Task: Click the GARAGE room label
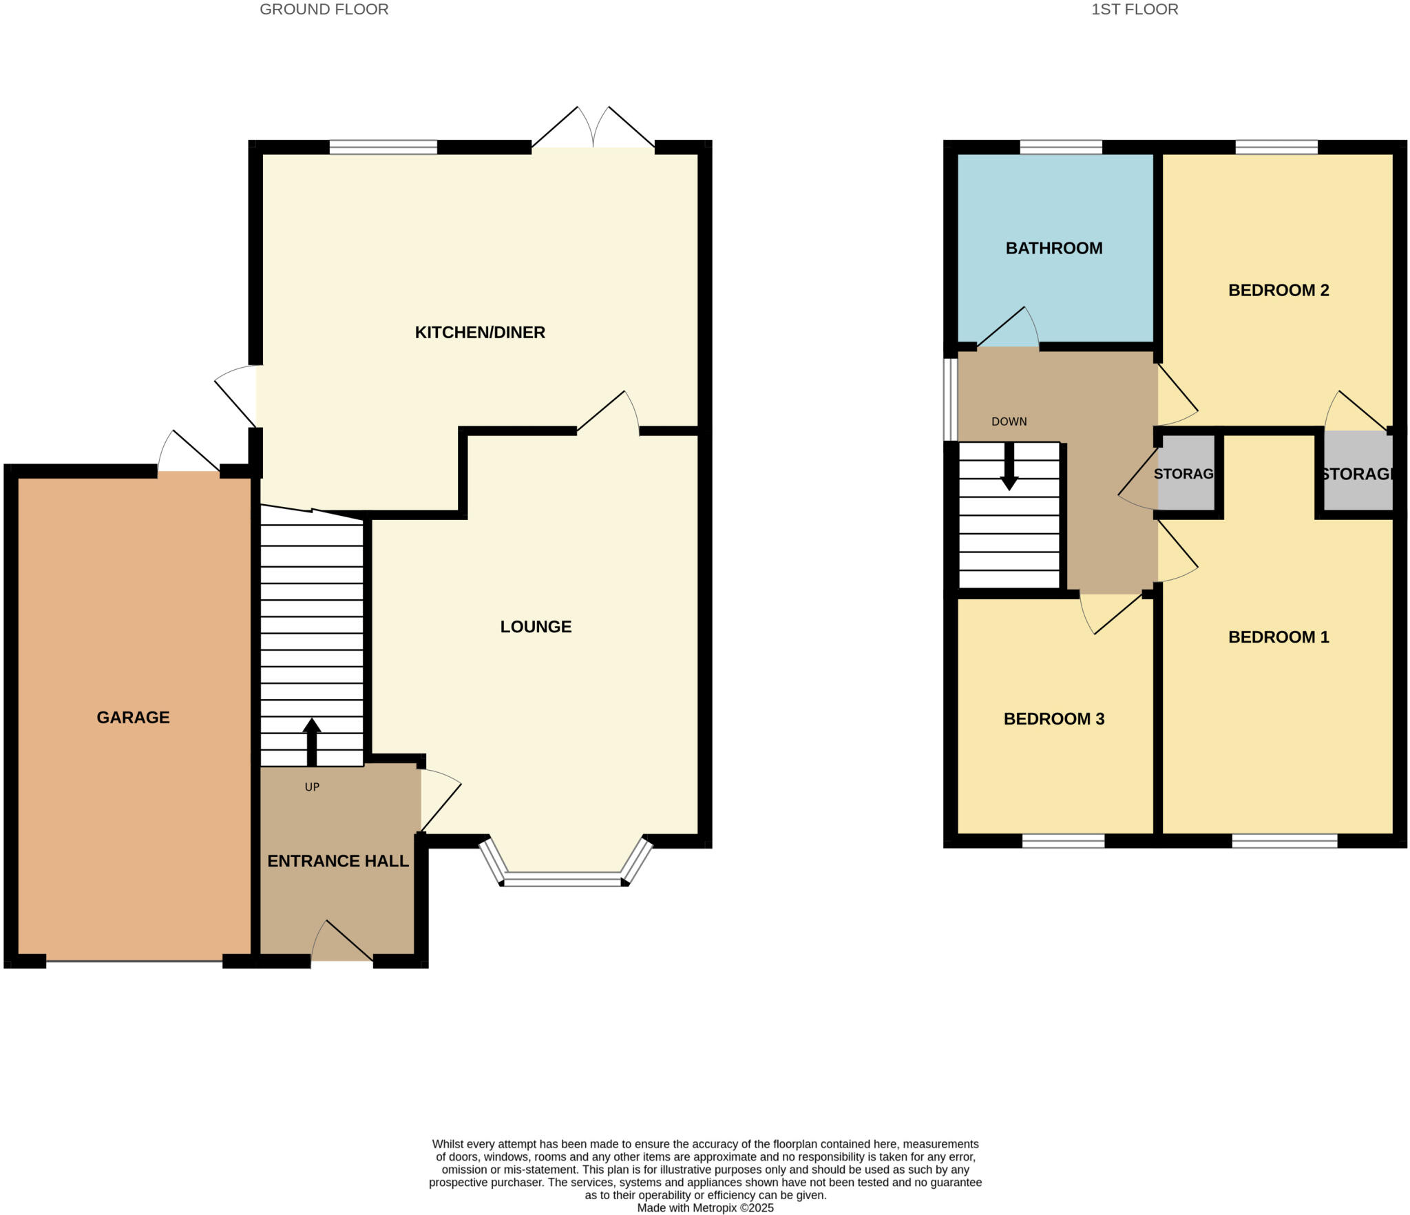(133, 717)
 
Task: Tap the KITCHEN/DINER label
(480, 332)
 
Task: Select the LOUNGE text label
(536, 626)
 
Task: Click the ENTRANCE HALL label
(337, 860)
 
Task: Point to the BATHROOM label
(1053, 248)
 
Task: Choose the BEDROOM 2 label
(1278, 290)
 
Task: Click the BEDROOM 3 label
(1053, 718)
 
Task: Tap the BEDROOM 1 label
(1278, 636)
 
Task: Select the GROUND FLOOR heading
(324, 9)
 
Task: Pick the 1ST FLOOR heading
(1134, 9)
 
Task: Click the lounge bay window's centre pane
(563, 878)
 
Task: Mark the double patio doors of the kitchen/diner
(593, 131)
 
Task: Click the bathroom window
(1060, 147)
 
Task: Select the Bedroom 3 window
(1063, 840)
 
